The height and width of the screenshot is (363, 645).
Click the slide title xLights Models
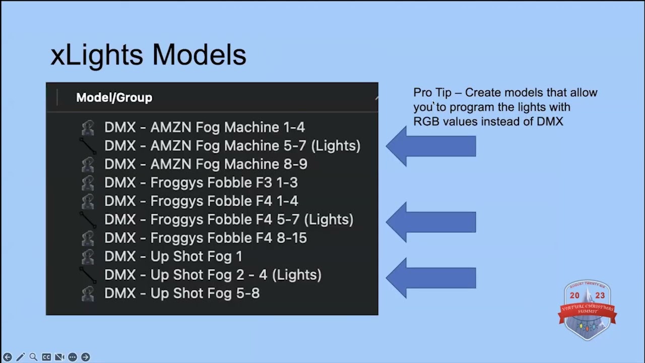(x=148, y=54)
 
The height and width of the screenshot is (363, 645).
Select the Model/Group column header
(x=114, y=97)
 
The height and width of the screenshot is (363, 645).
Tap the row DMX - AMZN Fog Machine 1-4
(x=204, y=127)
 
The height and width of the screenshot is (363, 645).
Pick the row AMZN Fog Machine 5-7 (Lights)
(x=232, y=146)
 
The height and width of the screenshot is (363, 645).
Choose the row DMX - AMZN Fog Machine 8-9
(x=206, y=164)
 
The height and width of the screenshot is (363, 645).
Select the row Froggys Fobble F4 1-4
(x=201, y=201)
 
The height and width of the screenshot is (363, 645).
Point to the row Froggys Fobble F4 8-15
(x=205, y=237)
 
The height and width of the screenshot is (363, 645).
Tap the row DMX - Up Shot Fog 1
(x=173, y=256)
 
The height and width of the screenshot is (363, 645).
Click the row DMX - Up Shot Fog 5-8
(x=181, y=293)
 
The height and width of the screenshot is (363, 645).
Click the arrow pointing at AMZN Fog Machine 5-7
(x=430, y=146)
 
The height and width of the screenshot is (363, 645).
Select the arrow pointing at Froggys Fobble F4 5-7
(x=430, y=222)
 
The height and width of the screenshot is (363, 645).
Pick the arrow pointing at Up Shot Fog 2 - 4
(x=430, y=278)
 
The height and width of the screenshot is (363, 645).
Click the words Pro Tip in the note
(x=432, y=92)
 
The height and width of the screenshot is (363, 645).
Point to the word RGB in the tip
(x=426, y=122)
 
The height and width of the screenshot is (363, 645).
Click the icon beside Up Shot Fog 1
(x=88, y=256)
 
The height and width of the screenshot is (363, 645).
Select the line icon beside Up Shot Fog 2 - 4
(x=88, y=274)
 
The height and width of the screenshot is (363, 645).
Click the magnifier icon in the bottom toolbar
(x=33, y=357)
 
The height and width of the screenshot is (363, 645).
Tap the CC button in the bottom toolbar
(x=46, y=357)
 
